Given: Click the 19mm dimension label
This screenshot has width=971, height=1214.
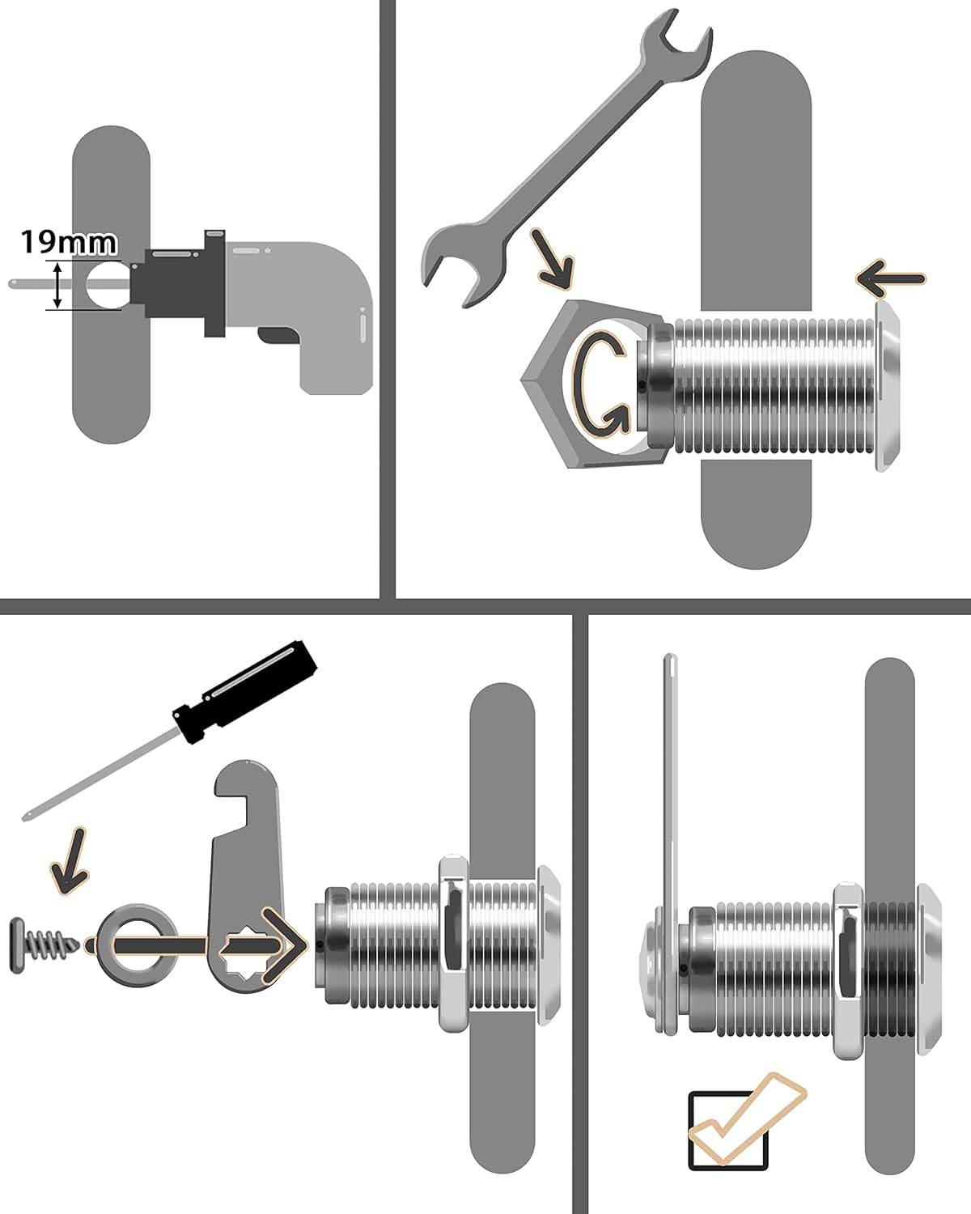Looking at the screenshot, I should pyautogui.click(x=68, y=242).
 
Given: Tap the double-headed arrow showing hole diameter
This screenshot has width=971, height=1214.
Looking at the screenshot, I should pyautogui.click(x=57, y=285).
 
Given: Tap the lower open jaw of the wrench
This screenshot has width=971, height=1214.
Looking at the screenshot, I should pyautogui.click(x=457, y=263).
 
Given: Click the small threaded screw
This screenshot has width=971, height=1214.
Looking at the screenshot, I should pyautogui.click(x=45, y=944).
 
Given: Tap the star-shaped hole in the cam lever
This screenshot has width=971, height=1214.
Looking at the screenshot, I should pyautogui.click(x=244, y=945).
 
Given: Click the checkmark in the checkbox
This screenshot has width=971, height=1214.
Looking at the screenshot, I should pyautogui.click(x=740, y=1121).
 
